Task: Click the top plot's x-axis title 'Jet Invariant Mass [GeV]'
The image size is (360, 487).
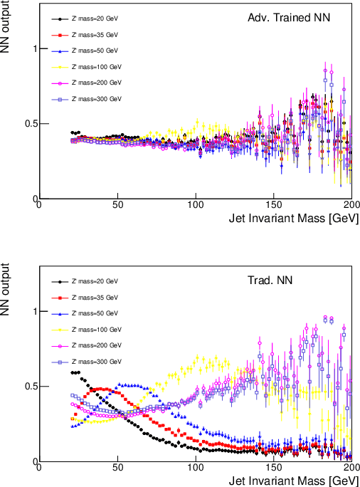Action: pos(294,218)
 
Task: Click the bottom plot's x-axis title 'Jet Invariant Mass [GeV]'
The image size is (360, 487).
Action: pos(294,481)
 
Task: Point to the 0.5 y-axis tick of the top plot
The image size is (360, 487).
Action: pos(26,124)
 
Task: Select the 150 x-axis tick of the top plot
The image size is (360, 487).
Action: pos(273,205)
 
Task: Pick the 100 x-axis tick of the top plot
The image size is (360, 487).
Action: pos(195,205)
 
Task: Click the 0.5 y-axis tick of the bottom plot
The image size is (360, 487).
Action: pos(26,387)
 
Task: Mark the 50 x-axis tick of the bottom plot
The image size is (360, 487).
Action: pos(117,468)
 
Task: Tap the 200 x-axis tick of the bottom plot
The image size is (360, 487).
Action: pos(351,468)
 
